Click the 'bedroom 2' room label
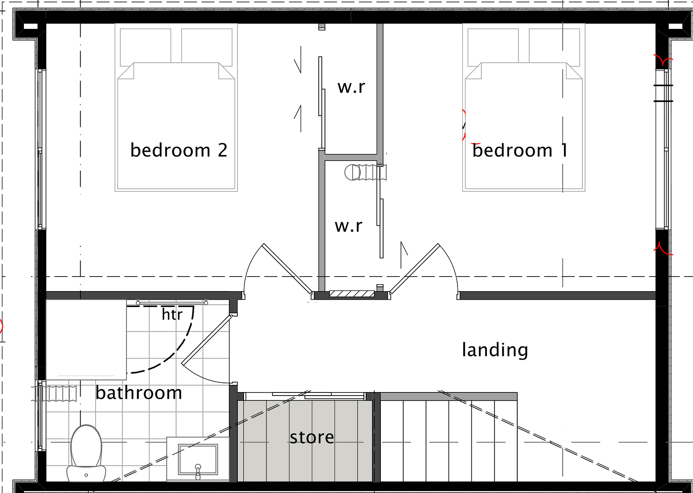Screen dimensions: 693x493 179,150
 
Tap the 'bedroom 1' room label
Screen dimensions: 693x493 520,150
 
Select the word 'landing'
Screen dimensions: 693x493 495,350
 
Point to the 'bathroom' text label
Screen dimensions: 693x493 139,393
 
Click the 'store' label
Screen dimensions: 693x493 312,437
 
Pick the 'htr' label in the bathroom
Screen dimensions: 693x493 172,314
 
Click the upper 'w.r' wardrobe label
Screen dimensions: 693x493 351,87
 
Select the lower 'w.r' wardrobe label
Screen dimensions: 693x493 348,226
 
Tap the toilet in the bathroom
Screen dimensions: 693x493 86,453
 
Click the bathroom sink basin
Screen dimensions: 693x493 198,459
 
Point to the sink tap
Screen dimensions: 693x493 198,471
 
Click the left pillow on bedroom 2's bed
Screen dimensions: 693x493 145,47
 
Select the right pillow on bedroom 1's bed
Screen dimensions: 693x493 554,47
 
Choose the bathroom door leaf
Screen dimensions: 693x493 206,339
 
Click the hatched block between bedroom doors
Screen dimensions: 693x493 352,294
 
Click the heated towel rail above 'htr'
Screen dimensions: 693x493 172,303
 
